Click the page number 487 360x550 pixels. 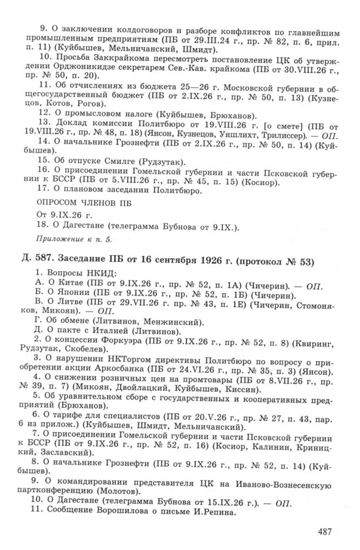[326, 531]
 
